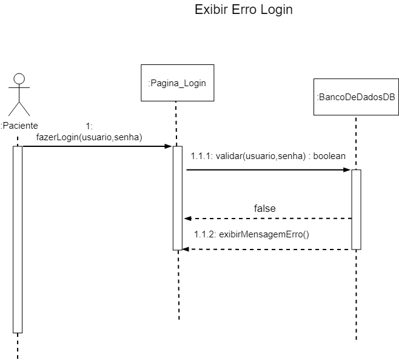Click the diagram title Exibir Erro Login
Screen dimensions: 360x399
[x=243, y=10]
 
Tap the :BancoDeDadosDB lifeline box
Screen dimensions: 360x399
[x=357, y=97]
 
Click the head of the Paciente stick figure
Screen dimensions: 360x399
[x=19, y=79]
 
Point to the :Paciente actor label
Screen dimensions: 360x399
[x=19, y=126]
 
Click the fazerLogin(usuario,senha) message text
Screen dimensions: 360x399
[x=89, y=137]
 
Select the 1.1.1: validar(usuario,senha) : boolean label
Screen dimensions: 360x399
[x=268, y=156]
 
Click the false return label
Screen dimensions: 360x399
[x=264, y=208]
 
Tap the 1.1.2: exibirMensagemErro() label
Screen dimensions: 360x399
[x=252, y=234]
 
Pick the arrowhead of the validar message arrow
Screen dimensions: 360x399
[x=347, y=170]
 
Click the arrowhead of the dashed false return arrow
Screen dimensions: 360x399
[x=187, y=218]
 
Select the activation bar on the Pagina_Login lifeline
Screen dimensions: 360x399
[x=178, y=197]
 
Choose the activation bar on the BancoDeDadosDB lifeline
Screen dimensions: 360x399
[x=357, y=209]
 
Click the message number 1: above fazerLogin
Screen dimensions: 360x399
[x=89, y=126]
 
